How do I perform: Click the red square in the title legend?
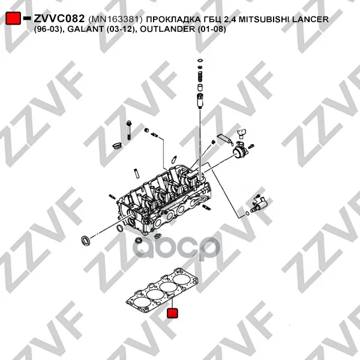pyautogui.click(x=13, y=18)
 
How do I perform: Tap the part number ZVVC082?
pyautogui.click(x=59, y=19)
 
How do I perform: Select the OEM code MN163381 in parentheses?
pyautogui.click(x=115, y=20)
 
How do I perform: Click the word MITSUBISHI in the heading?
pyautogui.click(x=264, y=19)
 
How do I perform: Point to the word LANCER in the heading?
pyautogui.click(x=310, y=19)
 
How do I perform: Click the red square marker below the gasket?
pyautogui.click(x=172, y=313)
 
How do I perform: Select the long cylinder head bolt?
pyautogui.click(x=129, y=130)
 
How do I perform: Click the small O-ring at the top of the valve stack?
pyautogui.click(x=200, y=61)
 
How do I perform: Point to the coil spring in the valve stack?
pyautogui.click(x=200, y=76)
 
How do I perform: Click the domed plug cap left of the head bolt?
pyautogui.click(x=118, y=146)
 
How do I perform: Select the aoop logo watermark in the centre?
pyautogui.click(x=176, y=248)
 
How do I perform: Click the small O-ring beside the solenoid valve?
pyautogui.click(x=247, y=213)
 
